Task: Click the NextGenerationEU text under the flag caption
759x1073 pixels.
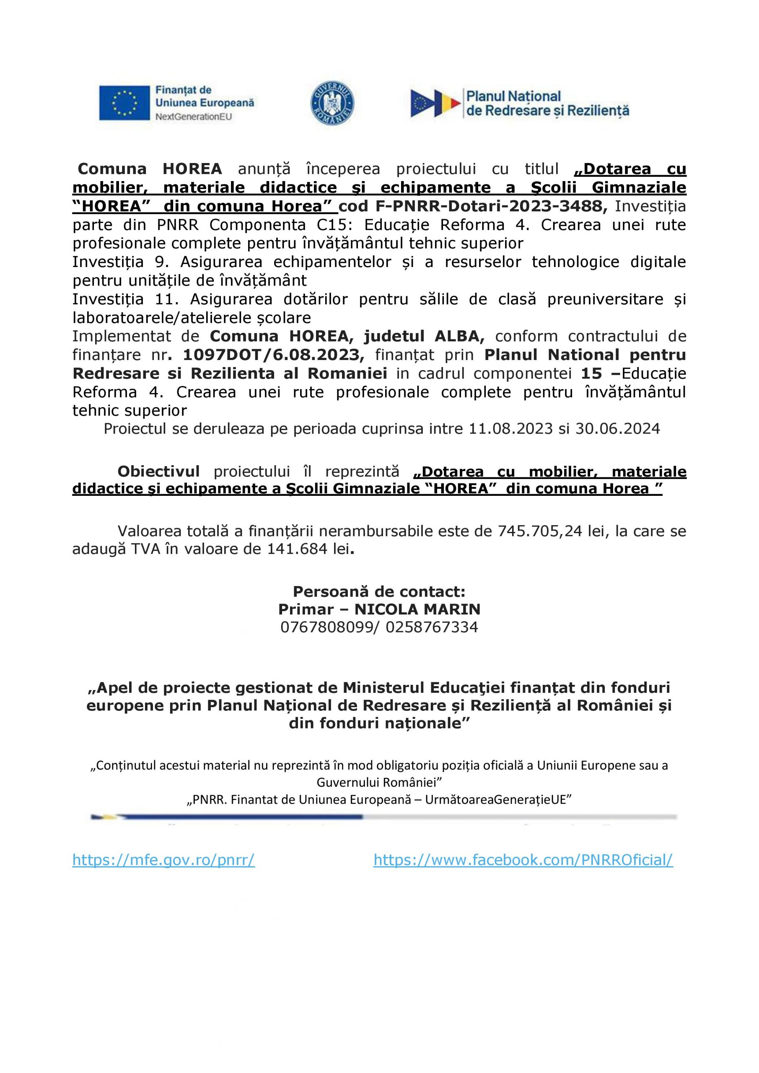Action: click(194, 117)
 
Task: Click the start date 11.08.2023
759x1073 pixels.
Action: click(510, 428)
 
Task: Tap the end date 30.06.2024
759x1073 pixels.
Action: click(617, 428)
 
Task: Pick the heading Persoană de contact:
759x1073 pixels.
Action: click(379, 592)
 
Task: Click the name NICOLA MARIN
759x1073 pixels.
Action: click(417, 609)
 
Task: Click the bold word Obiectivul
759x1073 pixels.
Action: click(158, 472)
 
